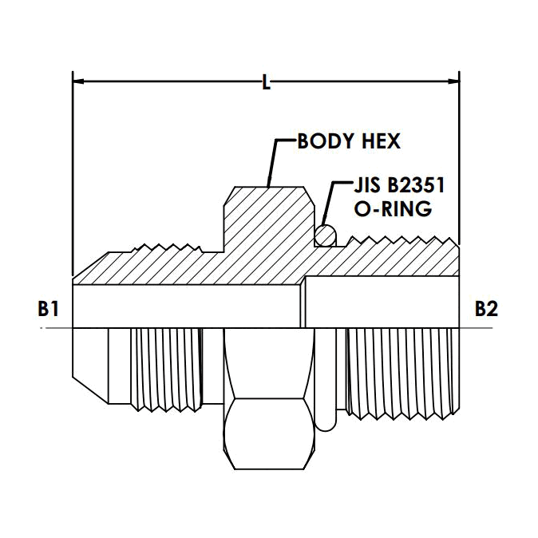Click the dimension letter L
[267, 82]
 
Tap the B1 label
[48, 309]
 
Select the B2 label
[486, 309]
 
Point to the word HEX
[382, 141]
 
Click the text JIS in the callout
[367, 185]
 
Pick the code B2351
[416, 185]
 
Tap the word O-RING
[393, 208]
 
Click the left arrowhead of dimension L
[78, 81]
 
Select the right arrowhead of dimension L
[453, 81]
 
